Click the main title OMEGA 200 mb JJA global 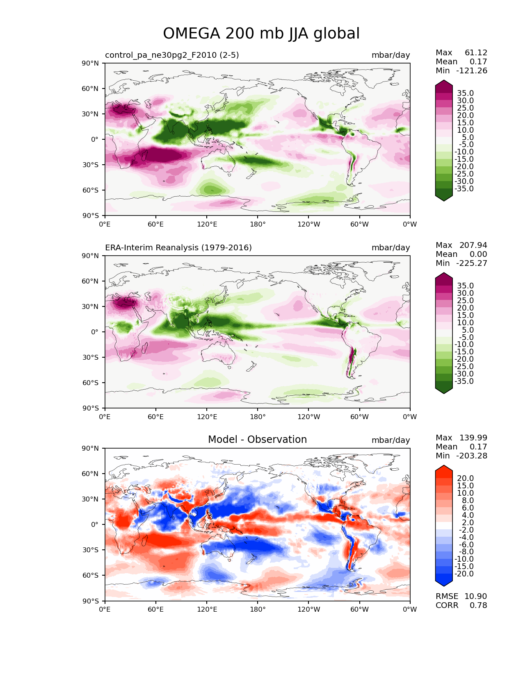pos(261,34)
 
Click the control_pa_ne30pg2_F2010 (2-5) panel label pos(172,55)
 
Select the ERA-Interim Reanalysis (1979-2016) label pos(178,247)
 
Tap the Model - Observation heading pos(257,439)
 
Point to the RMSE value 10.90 pos(475,597)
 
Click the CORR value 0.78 pos(478,606)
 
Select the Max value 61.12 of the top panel pos(476,52)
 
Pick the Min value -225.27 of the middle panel pos(472,263)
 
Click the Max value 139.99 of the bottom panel pos(473,438)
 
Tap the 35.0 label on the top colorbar pos(465,93)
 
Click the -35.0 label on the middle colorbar pos(464,381)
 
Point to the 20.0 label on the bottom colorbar pos(465,478)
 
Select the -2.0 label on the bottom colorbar pos(466,530)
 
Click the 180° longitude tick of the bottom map pos(258,609)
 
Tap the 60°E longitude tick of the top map pos(155,224)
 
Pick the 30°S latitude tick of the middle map pos(90,357)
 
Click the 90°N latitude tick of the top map pos(90,64)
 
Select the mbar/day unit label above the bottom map pos(391,440)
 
